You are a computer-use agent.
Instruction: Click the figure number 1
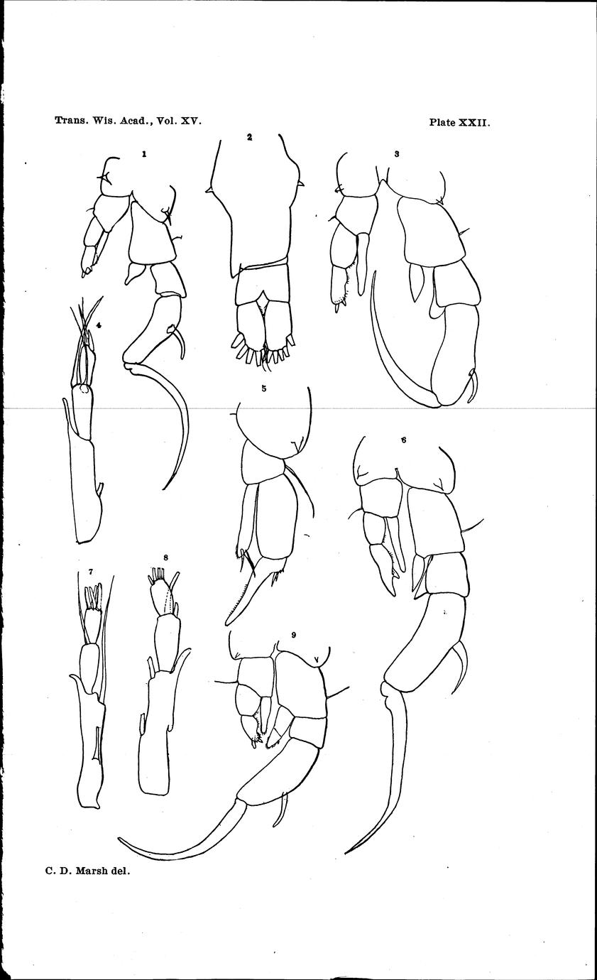[x=143, y=153]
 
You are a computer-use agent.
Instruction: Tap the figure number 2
[x=249, y=137]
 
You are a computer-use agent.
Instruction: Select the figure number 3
[x=396, y=154]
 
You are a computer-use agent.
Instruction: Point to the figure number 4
[x=99, y=325]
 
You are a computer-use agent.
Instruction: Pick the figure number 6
[x=403, y=440]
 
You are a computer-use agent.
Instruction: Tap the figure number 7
[x=90, y=572]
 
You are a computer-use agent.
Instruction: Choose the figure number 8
[x=166, y=557]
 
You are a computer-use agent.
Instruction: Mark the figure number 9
[x=294, y=636]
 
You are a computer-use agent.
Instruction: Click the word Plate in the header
[x=442, y=122]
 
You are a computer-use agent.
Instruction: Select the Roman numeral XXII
[x=474, y=122]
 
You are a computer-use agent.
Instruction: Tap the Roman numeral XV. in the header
[x=192, y=121]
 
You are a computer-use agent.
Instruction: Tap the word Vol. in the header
[x=168, y=121]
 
